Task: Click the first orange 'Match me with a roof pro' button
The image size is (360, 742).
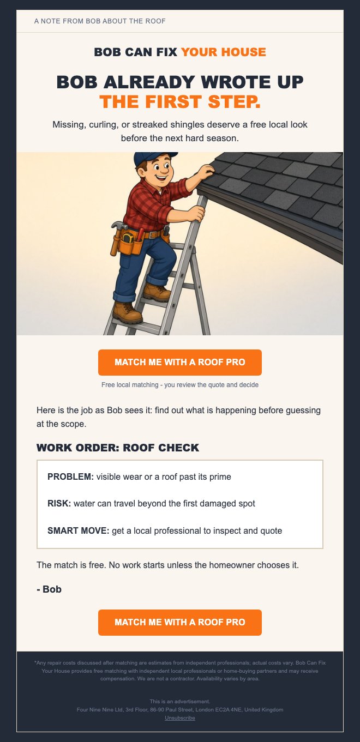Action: [x=180, y=362]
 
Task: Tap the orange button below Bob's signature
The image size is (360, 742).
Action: [x=180, y=622]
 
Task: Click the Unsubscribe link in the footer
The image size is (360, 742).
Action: [x=180, y=718]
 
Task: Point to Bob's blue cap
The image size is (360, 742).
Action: [x=153, y=158]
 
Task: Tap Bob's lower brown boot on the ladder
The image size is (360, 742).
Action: [x=127, y=312]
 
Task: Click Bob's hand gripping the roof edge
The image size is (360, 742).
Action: [x=205, y=172]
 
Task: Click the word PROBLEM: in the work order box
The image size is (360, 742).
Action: [x=70, y=476]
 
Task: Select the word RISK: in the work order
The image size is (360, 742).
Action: [x=59, y=504]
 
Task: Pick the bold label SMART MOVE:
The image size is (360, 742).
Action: [x=78, y=530]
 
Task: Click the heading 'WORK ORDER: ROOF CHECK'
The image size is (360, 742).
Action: [x=118, y=448]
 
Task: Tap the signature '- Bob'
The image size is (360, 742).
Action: [x=49, y=589]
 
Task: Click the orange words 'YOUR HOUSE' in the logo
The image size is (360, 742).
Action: [x=224, y=52]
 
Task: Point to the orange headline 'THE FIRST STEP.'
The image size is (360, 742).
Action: [x=180, y=102]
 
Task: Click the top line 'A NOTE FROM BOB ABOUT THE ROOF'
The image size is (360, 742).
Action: [x=100, y=21]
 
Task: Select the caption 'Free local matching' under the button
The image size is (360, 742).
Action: [x=130, y=385]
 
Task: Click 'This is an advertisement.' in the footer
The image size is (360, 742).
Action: [x=180, y=701]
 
